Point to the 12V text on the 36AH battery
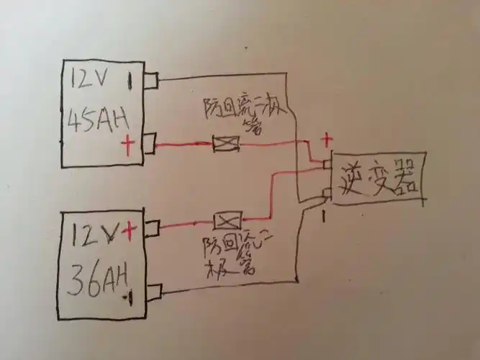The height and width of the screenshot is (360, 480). [93, 233]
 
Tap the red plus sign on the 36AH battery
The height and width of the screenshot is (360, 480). [130, 230]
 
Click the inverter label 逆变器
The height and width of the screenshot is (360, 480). [376, 178]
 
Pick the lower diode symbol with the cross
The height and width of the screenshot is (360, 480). [228, 220]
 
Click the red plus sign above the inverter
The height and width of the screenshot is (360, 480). [325, 138]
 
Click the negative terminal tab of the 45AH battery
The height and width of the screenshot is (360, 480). [150, 79]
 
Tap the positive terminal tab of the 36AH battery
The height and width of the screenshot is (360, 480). [152, 229]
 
